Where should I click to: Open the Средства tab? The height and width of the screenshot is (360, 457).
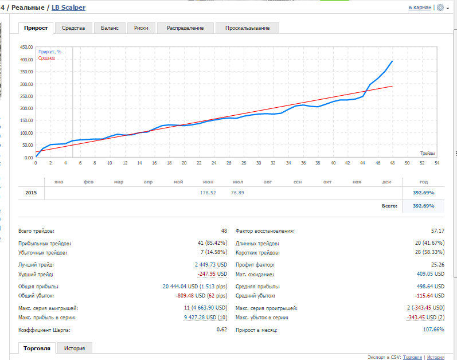(x=73, y=28)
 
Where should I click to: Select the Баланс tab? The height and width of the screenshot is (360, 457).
(x=110, y=28)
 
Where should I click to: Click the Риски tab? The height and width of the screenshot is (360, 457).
(x=141, y=28)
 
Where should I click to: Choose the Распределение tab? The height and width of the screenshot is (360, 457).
(x=185, y=28)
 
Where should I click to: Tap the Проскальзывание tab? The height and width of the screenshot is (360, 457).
(x=248, y=28)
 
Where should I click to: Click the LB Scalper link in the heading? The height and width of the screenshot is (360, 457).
(x=68, y=7)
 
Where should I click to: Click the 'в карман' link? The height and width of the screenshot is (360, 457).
(x=420, y=7)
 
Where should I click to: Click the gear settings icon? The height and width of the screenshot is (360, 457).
(x=440, y=7)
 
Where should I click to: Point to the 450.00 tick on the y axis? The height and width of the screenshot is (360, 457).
(x=26, y=47)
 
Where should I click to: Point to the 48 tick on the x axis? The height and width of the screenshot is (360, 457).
(x=392, y=163)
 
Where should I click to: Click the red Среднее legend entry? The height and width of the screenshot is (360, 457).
(x=46, y=58)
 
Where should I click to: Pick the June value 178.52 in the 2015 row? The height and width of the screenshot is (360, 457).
(x=208, y=193)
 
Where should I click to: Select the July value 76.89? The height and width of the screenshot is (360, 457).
(x=237, y=193)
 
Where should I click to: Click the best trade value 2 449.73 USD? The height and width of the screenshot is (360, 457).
(x=211, y=265)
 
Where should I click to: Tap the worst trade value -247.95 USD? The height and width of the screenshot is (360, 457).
(x=212, y=274)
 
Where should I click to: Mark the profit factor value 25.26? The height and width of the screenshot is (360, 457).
(x=438, y=265)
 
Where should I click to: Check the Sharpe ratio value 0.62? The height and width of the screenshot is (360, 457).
(x=222, y=330)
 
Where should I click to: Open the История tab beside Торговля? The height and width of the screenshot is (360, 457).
(x=75, y=349)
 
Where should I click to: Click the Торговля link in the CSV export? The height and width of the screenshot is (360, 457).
(x=412, y=357)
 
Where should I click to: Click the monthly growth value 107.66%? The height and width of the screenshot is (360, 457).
(x=433, y=330)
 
